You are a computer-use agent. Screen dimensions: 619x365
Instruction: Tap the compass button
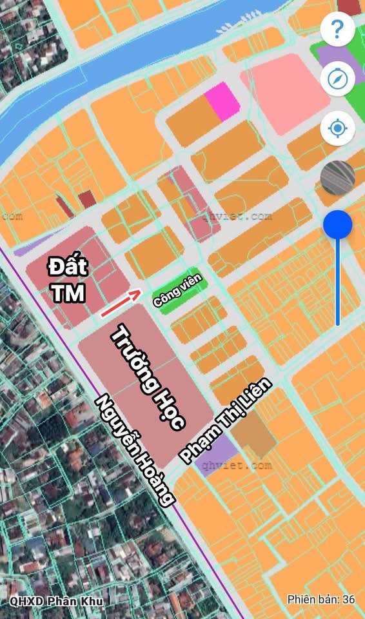pos(337,79)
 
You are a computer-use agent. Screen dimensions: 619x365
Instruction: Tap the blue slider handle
pos(337,225)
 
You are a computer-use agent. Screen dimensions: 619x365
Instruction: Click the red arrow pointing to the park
pos(121,303)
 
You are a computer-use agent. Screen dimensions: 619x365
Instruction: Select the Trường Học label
pos(149,378)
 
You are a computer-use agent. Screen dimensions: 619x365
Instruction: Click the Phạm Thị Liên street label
pos(226,421)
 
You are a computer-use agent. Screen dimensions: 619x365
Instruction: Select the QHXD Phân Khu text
pos(52,600)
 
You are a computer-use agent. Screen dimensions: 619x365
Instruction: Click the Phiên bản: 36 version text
pos(321,599)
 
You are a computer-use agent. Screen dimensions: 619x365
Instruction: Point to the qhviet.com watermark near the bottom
pos(236,464)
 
